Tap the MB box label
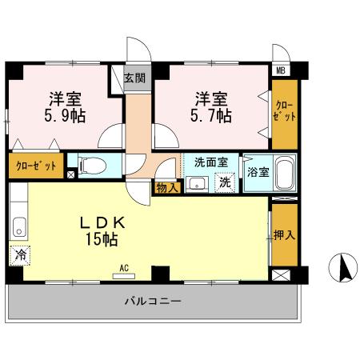pyautogui.click(x=281, y=70)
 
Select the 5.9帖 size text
pyautogui.click(x=66, y=114)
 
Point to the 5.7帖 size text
pyautogui.click(x=212, y=114)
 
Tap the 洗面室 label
pyautogui.click(x=211, y=162)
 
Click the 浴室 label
pyautogui.click(x=258, y=171)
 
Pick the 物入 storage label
pyautogui.click(x=166, y=187)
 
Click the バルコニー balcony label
pyautogui.click(x=152, y=302)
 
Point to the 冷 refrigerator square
pyautogui.click(x=18, y=256)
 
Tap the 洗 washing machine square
pyautogui.click(x=226, y=182)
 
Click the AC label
pyautogui.click(x=125, y=267)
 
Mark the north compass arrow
pyautogui.click(x=344, y=266)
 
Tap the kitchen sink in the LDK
pyautogui.click(x=18, y=226)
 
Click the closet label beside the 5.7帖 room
pyautogui.click(x=285, y=111)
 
